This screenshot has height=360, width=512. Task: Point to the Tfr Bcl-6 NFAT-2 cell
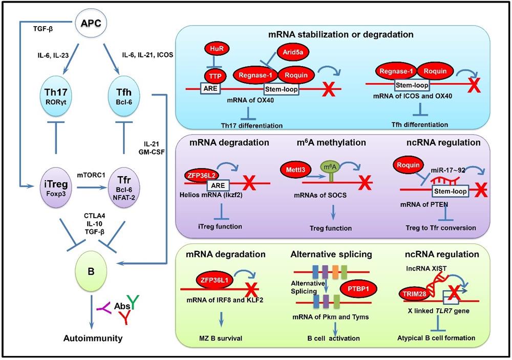click(x=124, y=187)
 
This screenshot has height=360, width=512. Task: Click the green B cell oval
click(x=91, y=271)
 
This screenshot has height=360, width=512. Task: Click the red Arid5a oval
click(x=293, y=52)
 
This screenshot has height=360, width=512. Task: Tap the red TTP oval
click(x=215, y=77)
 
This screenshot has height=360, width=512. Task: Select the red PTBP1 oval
click(x=358, y=289)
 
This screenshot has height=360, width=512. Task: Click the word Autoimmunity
click(x=93, y=338)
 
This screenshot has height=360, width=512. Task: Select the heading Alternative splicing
click(x=331, y=254)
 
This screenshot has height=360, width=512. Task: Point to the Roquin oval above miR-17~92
click(x=408, y=165)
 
